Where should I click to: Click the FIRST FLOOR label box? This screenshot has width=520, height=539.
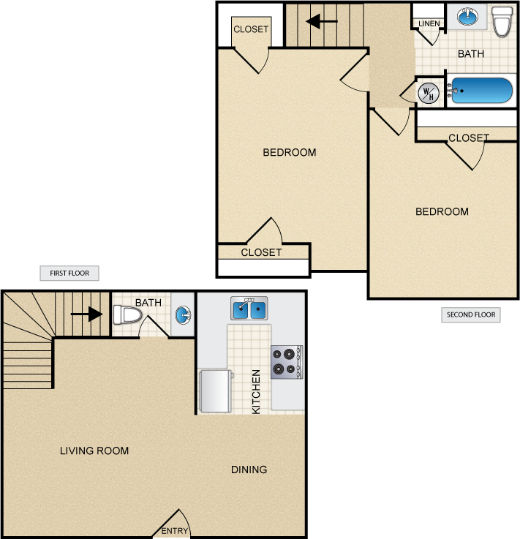pyautogui.click(x=69, y=274)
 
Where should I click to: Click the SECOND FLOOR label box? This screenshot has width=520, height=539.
pyautogui.click(x=471, y=315)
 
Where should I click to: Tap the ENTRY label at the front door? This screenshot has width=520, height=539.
pyautogui.click(x=176, y=531)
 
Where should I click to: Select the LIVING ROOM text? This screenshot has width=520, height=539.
pyautogui.click(x=94, y=451)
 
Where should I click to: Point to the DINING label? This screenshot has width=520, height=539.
pyautogui.click(x=249, y=470)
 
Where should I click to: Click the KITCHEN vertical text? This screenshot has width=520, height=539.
pyautogui.click(x=256, y=392)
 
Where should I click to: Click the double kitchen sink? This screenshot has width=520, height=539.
pyautogui.click(x=249, y=309)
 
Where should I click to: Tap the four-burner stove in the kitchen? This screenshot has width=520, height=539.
pyautogui.click(x=286, y=361)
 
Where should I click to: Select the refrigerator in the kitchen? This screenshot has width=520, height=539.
pyautogui.click(x=216, y=391)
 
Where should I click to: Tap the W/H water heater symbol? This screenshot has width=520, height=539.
pyautogui.click(x=429, y=92)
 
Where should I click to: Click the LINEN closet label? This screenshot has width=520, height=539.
pyautogui.click(x=429, y=24)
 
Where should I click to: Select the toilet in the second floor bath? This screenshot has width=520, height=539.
pyautogui.click(x=502, y=21)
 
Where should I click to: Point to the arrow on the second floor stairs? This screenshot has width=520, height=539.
pyautogui.click(x=321, y=22)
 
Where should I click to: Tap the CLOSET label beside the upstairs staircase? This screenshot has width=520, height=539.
pyautogui.click(x=251, y=30)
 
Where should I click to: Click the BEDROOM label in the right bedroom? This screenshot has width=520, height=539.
pyautogui.click(x=442, y=212)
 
